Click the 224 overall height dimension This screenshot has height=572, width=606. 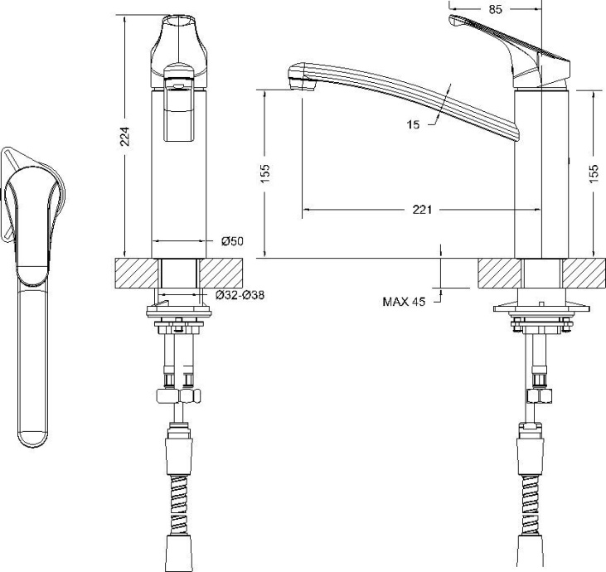(x=124, y=137)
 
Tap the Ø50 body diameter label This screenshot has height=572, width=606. (x=231, y=241)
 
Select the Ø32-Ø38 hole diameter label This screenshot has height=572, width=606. (x=240, y=295)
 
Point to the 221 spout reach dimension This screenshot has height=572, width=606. (x=422, y=210)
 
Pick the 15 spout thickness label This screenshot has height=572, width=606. (x=414, y=124)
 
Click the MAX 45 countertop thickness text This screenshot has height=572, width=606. (x=404, y=302)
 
